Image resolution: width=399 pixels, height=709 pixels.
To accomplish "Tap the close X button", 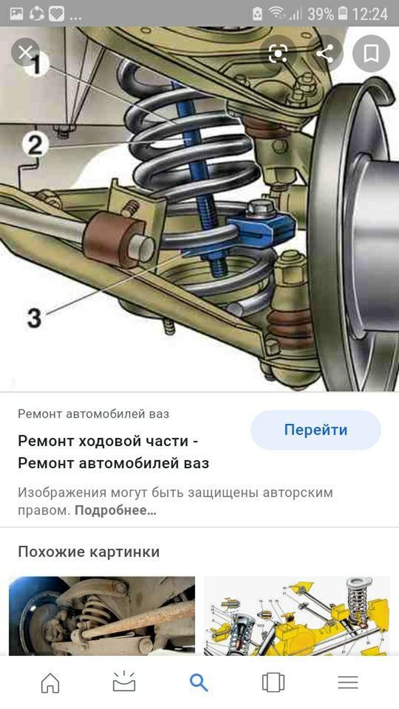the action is point(25,52).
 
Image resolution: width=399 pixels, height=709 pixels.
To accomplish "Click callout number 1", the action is point(36,64).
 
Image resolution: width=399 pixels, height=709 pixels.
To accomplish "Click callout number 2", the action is point(35,145).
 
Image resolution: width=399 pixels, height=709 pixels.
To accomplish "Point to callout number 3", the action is point(34,317).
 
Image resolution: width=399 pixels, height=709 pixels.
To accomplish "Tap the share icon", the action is point(325,53).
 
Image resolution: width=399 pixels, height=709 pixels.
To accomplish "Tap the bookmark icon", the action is point(371,53).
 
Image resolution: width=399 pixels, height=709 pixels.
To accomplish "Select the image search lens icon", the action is point(278,53).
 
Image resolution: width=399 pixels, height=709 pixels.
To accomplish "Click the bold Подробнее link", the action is point(116,510).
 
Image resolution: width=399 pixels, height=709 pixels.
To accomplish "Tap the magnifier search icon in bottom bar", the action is point(199,683).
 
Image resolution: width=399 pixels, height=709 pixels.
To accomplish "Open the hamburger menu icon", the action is point(348,683).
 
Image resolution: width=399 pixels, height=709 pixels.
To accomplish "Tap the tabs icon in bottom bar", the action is point(273,683).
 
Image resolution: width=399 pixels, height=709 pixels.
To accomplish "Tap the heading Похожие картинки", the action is point(89,552).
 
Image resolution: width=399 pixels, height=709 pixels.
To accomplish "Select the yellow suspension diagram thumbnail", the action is point(297,616).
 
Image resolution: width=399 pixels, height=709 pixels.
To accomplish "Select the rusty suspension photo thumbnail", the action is point(102,616).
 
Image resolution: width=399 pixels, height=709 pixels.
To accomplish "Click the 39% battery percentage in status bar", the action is point(320,14).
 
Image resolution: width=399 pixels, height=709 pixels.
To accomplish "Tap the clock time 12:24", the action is point(370,14).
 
